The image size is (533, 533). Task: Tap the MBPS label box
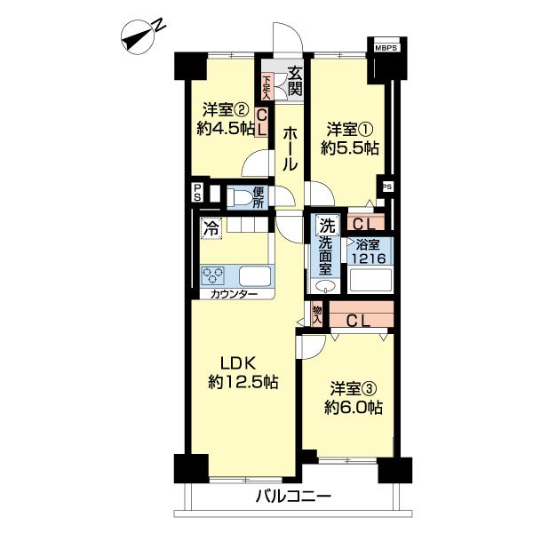386,48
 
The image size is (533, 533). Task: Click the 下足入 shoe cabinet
266,87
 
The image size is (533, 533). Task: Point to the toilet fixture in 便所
242,197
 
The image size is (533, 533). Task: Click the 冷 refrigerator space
211,228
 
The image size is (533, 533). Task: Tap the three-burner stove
212,275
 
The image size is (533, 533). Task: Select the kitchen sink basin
255,275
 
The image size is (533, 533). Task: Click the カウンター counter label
234,294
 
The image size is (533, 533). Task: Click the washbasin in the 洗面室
325,286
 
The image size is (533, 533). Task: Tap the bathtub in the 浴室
370,280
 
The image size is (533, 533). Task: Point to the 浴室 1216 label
369,251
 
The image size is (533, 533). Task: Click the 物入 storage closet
317,314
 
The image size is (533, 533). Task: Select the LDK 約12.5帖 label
243,372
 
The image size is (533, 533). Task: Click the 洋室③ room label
354,388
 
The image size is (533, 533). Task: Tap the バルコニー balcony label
293,497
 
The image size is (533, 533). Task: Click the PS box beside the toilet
197,193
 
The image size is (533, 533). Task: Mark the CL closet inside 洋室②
261,123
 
